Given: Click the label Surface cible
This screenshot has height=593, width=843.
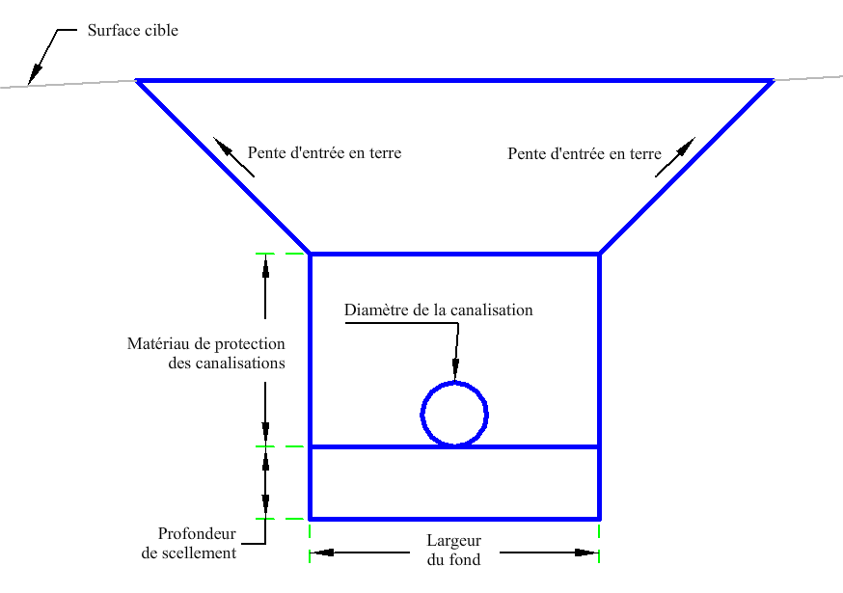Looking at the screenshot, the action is click(133, 30).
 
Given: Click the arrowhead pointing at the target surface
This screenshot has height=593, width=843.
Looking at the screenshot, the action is click(36, 73).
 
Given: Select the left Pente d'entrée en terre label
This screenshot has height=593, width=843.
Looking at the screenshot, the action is click(324, 152).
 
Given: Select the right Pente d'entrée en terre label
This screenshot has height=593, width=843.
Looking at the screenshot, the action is click(585, 153).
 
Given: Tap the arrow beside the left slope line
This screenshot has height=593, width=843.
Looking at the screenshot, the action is click(233, 157).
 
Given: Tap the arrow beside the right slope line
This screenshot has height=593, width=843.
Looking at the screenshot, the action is click(675, 157).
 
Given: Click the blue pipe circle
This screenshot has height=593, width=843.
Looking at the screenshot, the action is click(454, 382).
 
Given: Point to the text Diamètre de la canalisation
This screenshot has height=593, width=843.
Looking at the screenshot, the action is click(438, 310).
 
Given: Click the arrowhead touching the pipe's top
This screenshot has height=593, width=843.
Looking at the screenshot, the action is click(455, 370).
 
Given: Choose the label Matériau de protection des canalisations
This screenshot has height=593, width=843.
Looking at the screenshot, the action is click(205, 353).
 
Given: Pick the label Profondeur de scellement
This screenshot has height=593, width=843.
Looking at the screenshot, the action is click(189, 543).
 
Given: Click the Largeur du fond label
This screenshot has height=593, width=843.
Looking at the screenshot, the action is click(453, 550).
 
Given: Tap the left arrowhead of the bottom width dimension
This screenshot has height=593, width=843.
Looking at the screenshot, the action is click(322, 553).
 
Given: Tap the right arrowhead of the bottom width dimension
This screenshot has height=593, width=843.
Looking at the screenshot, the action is click(586, 553).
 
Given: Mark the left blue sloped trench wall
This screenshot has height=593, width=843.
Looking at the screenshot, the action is click(223, 167).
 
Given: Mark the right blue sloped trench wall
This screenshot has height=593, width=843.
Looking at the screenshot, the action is click(687, 167).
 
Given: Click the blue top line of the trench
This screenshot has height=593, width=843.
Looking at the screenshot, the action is click(455, 81).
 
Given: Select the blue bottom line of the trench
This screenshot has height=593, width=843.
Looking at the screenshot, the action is click(455, 519).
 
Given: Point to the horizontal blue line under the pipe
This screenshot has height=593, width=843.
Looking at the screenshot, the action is click(455, 446).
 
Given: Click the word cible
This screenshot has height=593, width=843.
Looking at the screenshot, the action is click(161, 30).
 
